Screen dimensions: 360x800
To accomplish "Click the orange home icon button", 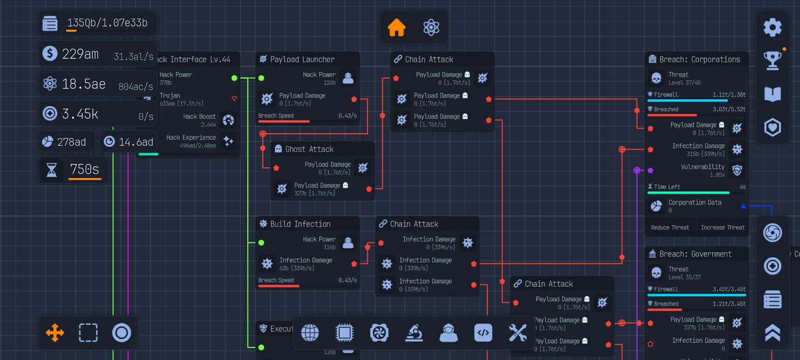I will (397, 28).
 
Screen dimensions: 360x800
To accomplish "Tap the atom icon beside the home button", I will (431, 28).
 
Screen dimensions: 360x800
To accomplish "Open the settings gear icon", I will (772, 28).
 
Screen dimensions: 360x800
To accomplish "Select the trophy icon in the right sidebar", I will (772, 61).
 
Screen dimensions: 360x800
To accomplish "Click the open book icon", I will (772, 94).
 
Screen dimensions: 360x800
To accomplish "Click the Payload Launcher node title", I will (302, 59).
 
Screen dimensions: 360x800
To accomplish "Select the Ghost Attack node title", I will (309, 149).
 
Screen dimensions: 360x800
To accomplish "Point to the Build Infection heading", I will (300, 224).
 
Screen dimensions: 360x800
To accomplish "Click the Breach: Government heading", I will (695, 254).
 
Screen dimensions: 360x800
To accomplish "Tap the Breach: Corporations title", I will (699, 59).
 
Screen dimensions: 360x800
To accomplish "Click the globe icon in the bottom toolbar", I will (310, 332).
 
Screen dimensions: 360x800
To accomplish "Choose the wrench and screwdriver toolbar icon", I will (517, 332).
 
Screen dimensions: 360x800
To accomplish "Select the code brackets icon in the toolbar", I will (483, 332).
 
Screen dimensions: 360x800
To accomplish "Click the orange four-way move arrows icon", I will (55, 332).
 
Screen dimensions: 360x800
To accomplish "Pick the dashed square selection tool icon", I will (88, 332).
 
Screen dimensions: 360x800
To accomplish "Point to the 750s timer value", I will (85, 170).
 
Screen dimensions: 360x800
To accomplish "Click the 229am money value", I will (80, 54).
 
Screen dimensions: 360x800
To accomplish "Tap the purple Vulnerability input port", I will (650, 170).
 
